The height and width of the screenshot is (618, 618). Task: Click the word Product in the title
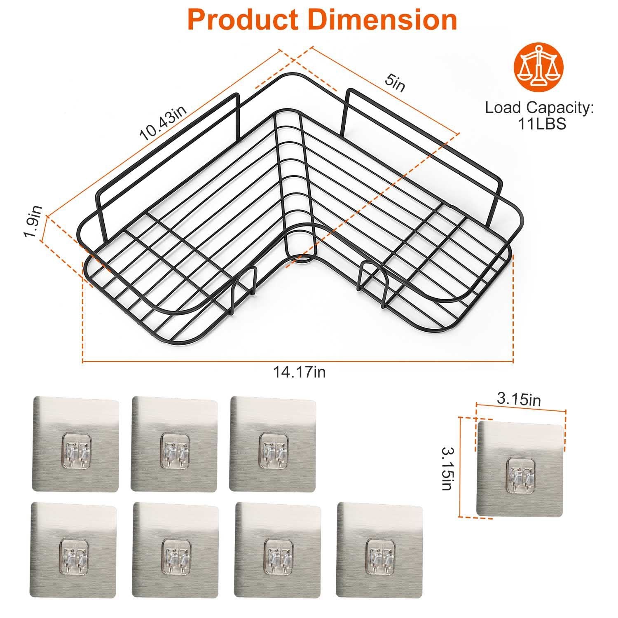[243, 19]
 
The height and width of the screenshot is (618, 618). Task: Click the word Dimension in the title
[383, 19]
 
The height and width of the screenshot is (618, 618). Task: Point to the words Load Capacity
[539, 108]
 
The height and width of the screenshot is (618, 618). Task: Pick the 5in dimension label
[395, 84]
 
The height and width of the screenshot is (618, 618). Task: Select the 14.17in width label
[300, 372]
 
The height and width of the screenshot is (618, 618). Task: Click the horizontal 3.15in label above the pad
[519, 399]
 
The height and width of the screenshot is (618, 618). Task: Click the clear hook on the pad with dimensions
[519, 476]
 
